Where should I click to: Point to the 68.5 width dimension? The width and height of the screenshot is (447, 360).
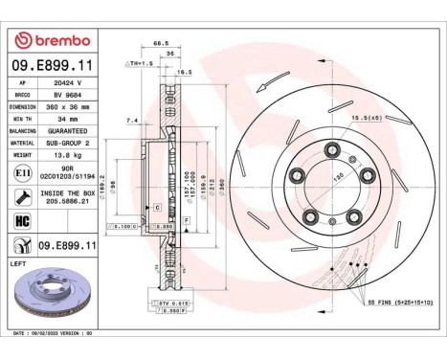pos(160,43)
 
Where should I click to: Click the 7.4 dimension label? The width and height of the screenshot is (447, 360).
pos(133,121)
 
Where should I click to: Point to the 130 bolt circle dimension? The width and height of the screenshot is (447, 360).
pos(337,179)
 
